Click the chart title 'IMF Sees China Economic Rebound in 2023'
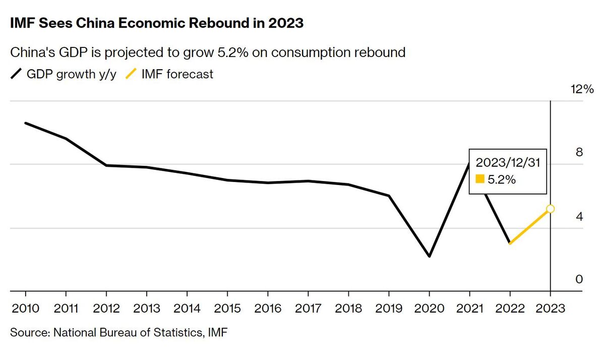tap(157, 23)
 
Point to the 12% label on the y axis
tap(582, 89)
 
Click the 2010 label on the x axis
tap(25, 309)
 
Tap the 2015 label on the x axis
tap(227, 309)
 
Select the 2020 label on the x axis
tap(429, 309)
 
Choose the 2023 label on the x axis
tap(550, 309)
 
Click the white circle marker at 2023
tap(550, 209)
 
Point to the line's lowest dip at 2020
tap(429, 256)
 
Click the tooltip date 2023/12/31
tap(508, 163)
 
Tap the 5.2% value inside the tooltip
tap(501, 179)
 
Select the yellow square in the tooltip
tap(480, 179)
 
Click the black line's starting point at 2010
tap(26, 123)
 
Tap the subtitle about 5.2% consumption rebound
tap(208, 52)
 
